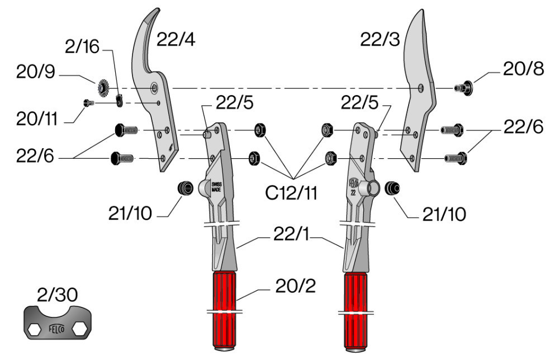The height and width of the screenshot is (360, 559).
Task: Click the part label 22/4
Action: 176,39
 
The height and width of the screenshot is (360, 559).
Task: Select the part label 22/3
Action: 380,39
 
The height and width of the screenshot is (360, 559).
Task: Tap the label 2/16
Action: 82,46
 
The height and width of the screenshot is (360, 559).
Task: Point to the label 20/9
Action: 36,72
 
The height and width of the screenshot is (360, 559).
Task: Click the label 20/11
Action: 37,119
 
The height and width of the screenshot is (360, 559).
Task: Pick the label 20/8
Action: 523,69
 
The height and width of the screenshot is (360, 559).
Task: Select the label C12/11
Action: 291,193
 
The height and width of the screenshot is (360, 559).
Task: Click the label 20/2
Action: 296,286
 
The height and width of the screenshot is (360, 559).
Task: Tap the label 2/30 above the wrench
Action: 58,295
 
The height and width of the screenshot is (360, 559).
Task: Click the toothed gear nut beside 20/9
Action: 103,87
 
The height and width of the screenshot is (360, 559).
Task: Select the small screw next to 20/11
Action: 88,103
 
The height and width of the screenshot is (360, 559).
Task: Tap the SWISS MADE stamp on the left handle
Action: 216,187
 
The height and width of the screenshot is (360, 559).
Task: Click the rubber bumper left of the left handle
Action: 186,188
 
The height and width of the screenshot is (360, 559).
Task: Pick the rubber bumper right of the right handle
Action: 392,188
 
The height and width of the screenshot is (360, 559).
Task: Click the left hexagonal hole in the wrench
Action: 35,330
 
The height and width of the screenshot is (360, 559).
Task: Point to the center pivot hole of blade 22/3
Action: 421,87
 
